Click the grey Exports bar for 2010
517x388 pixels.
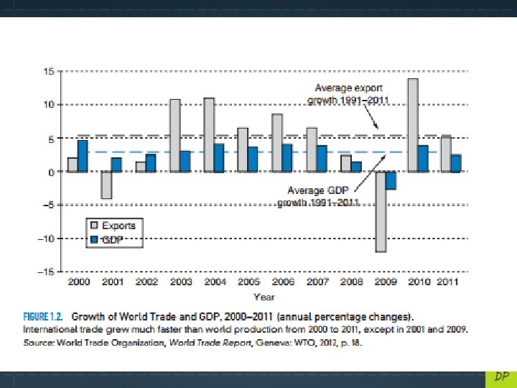[x=413, y=125]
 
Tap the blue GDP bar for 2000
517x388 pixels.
[x=83, y=156]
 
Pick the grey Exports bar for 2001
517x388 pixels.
[x=106, y=185]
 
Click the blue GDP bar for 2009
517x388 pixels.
[x=390, y=180]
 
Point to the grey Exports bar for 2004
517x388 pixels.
[x=209, y=135]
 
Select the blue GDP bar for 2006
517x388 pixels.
[x=287, y=158]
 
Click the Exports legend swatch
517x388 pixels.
[x=93, y=225]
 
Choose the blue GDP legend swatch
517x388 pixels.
[x=93, y=239]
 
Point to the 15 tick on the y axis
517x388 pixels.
[x=48, y=71]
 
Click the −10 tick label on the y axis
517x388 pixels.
[x=45, y=239]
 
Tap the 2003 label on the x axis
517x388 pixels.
[x=181, y=282]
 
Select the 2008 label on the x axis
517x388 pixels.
[x=351, y=282]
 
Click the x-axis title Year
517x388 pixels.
[x=264, y=296]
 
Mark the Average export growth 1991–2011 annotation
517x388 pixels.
[x=348, y=94]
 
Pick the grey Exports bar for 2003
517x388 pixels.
[x=174, y=136]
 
